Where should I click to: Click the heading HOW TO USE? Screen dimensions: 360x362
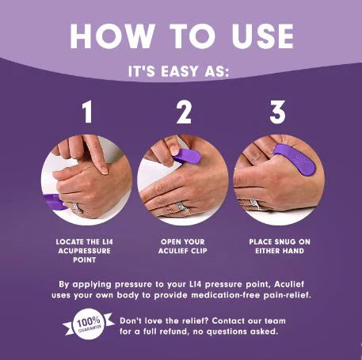click(x=181, y=36)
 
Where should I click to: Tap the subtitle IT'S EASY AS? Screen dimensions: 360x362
click(x=181, y=71)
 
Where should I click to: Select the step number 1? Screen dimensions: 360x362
click(x=87, y=112)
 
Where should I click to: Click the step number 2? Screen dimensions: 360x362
click(x=184, y=112)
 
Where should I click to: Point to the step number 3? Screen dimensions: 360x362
click(x=276, y=112)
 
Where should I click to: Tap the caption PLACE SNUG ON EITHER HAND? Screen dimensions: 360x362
click(x=277, y=244)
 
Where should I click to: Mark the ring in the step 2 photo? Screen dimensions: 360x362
click(x=182, y=206)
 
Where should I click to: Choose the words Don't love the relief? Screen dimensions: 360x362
click(x=149, y=320)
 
